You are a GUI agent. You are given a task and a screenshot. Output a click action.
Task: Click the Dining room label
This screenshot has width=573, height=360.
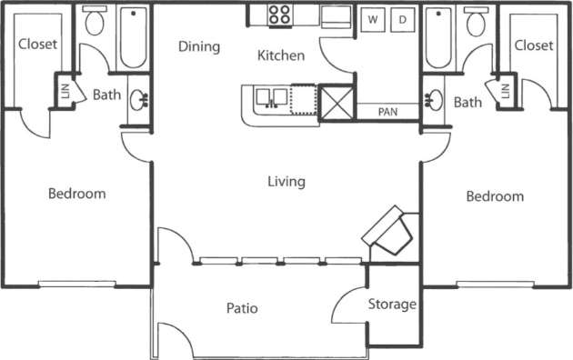coord(199,47)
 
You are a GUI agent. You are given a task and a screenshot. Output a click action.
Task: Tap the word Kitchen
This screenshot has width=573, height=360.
coord(281,56)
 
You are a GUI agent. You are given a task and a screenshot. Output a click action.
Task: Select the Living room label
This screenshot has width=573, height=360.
coord(286,182)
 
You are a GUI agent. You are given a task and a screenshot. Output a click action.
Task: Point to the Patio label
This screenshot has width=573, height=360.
coord(243,308)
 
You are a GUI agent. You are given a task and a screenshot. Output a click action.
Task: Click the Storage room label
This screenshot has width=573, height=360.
coord(393,305)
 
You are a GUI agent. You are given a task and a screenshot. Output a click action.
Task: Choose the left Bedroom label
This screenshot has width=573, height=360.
coord(76,194)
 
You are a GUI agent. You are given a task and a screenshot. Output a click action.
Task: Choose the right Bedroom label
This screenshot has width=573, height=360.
coord(495,196)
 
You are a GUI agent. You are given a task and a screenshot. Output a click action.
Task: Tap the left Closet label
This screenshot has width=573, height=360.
coord(38,44)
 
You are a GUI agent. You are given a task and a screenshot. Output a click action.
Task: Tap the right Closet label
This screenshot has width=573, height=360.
coord(533,45)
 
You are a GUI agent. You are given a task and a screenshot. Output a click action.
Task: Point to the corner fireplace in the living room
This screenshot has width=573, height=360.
coord(391,230)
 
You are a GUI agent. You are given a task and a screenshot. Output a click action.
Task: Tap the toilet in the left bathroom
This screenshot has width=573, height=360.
coord(94,23)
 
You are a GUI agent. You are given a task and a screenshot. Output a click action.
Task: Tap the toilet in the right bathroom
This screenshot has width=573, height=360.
coord(476,23)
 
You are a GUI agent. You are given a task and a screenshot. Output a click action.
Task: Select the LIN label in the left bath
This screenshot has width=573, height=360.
coord(65,91)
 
